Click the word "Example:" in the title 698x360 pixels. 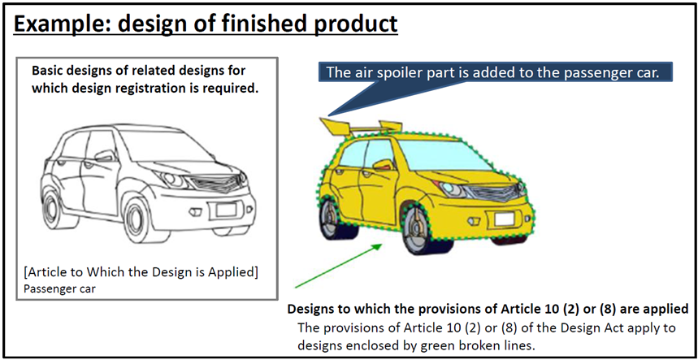click(x=66, y=24)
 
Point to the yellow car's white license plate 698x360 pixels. click(x=505, y=219)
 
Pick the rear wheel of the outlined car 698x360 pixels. click(x=52, y=210)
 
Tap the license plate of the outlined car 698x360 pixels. click(x=226, y=209)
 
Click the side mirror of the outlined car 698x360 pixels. click(x=105, y=156)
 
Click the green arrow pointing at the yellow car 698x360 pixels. click(x=339, y=265)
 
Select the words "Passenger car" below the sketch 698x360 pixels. click(x=59, y=288)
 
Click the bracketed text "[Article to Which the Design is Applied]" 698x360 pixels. click(x=141, y=272)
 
